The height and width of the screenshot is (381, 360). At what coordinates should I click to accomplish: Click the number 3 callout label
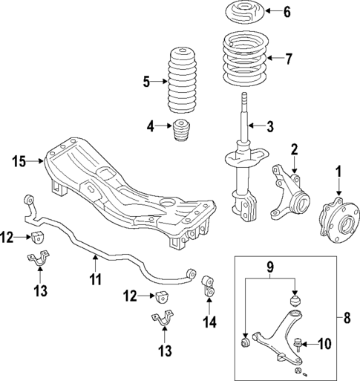[x=270, y=126]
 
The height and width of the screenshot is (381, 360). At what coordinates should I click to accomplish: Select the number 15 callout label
[x=20, y=159]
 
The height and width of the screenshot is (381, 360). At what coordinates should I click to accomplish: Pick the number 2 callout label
[x=294, y=149]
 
